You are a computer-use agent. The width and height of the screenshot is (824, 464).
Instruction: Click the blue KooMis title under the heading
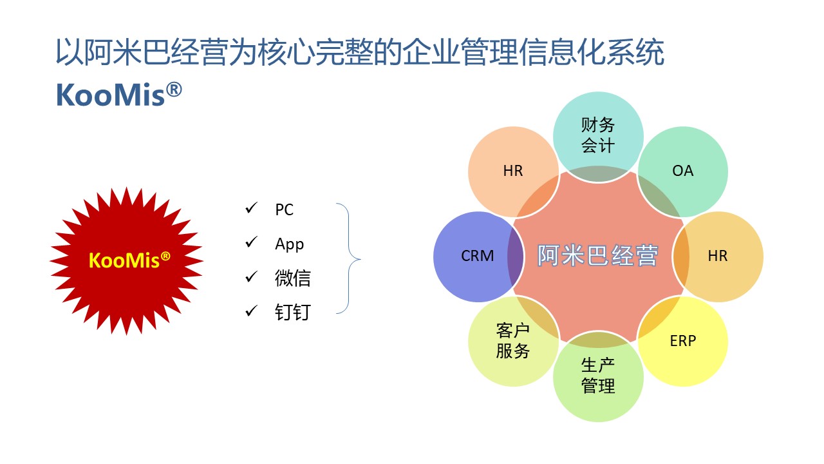tap(119, 95)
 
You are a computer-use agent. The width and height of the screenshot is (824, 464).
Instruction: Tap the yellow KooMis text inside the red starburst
tap(129, 260)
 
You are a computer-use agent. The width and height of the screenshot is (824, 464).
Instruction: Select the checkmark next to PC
tap(252, 208)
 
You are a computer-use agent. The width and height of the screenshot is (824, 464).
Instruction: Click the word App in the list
tap(290, 244)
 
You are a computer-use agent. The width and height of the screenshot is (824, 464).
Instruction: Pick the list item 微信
tap(293, 278)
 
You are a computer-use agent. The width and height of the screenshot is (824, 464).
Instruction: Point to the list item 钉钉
tap(293, 313)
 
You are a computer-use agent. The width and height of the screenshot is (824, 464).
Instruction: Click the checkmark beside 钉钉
tap(252, 311)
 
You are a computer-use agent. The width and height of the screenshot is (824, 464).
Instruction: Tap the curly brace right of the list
tap(348, 258)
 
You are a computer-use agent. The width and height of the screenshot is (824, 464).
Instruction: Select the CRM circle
tap(478, 256)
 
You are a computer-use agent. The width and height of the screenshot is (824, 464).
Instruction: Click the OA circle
tap(683, 172)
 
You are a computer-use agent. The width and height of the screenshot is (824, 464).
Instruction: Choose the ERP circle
tap(683, 342)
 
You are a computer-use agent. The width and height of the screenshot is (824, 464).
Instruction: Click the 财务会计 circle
tap(598, 137)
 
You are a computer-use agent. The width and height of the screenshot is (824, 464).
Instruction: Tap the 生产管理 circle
tap(598, 376)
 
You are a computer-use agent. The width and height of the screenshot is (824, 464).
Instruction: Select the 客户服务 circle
tap(513, 342)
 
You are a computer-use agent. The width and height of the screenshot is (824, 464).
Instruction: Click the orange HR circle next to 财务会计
tap(513, 172)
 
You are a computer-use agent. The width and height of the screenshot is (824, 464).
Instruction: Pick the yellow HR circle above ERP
tap(718, 256)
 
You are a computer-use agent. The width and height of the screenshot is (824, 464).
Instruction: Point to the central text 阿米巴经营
tap(598, 255)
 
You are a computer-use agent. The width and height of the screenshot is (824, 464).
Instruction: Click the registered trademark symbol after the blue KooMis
tap(174, 90)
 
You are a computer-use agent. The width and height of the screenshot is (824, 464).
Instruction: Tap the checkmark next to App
tap(252, 242)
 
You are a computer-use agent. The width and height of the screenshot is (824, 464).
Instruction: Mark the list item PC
tap(285, 210)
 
